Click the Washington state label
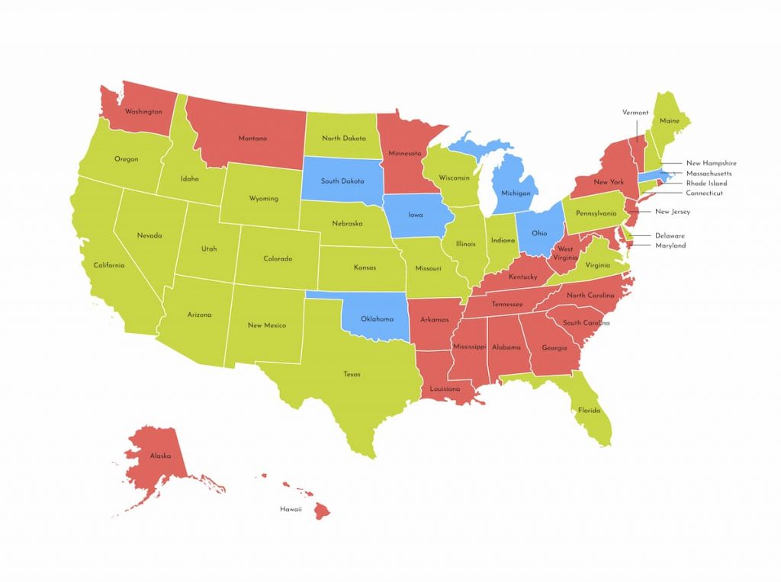(143, 112)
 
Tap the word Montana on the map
(252, 139)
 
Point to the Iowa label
(416, 215)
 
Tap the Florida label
(589, 411)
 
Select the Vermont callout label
(635, 113)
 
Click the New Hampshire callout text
(711, 163)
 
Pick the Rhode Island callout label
(706, 184)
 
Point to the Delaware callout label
(670, 235)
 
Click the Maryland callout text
(670, 245)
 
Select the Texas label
(352, 374)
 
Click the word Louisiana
(444, 389)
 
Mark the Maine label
(670, 121)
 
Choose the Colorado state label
(278, 259)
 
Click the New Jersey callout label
(672, 212)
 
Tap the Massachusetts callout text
(709, 174)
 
